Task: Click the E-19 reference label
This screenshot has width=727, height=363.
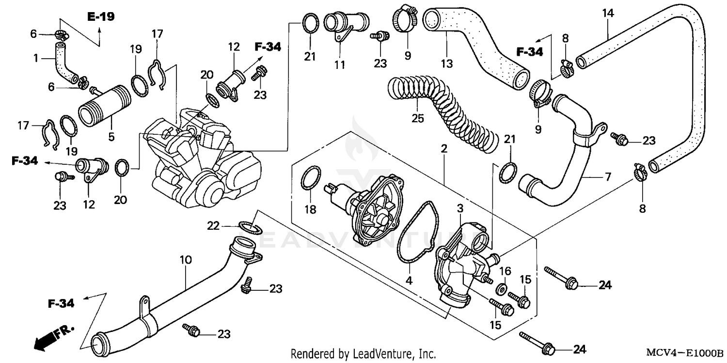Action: click(x=101, y=17)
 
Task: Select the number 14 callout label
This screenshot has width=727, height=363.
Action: click(x=608, y=13)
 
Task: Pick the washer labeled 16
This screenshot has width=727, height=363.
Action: click(x=503, y=290)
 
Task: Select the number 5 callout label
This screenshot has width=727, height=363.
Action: click(x=111, y=137)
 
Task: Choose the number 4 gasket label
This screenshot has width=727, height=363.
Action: click(x=409, y=280)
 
